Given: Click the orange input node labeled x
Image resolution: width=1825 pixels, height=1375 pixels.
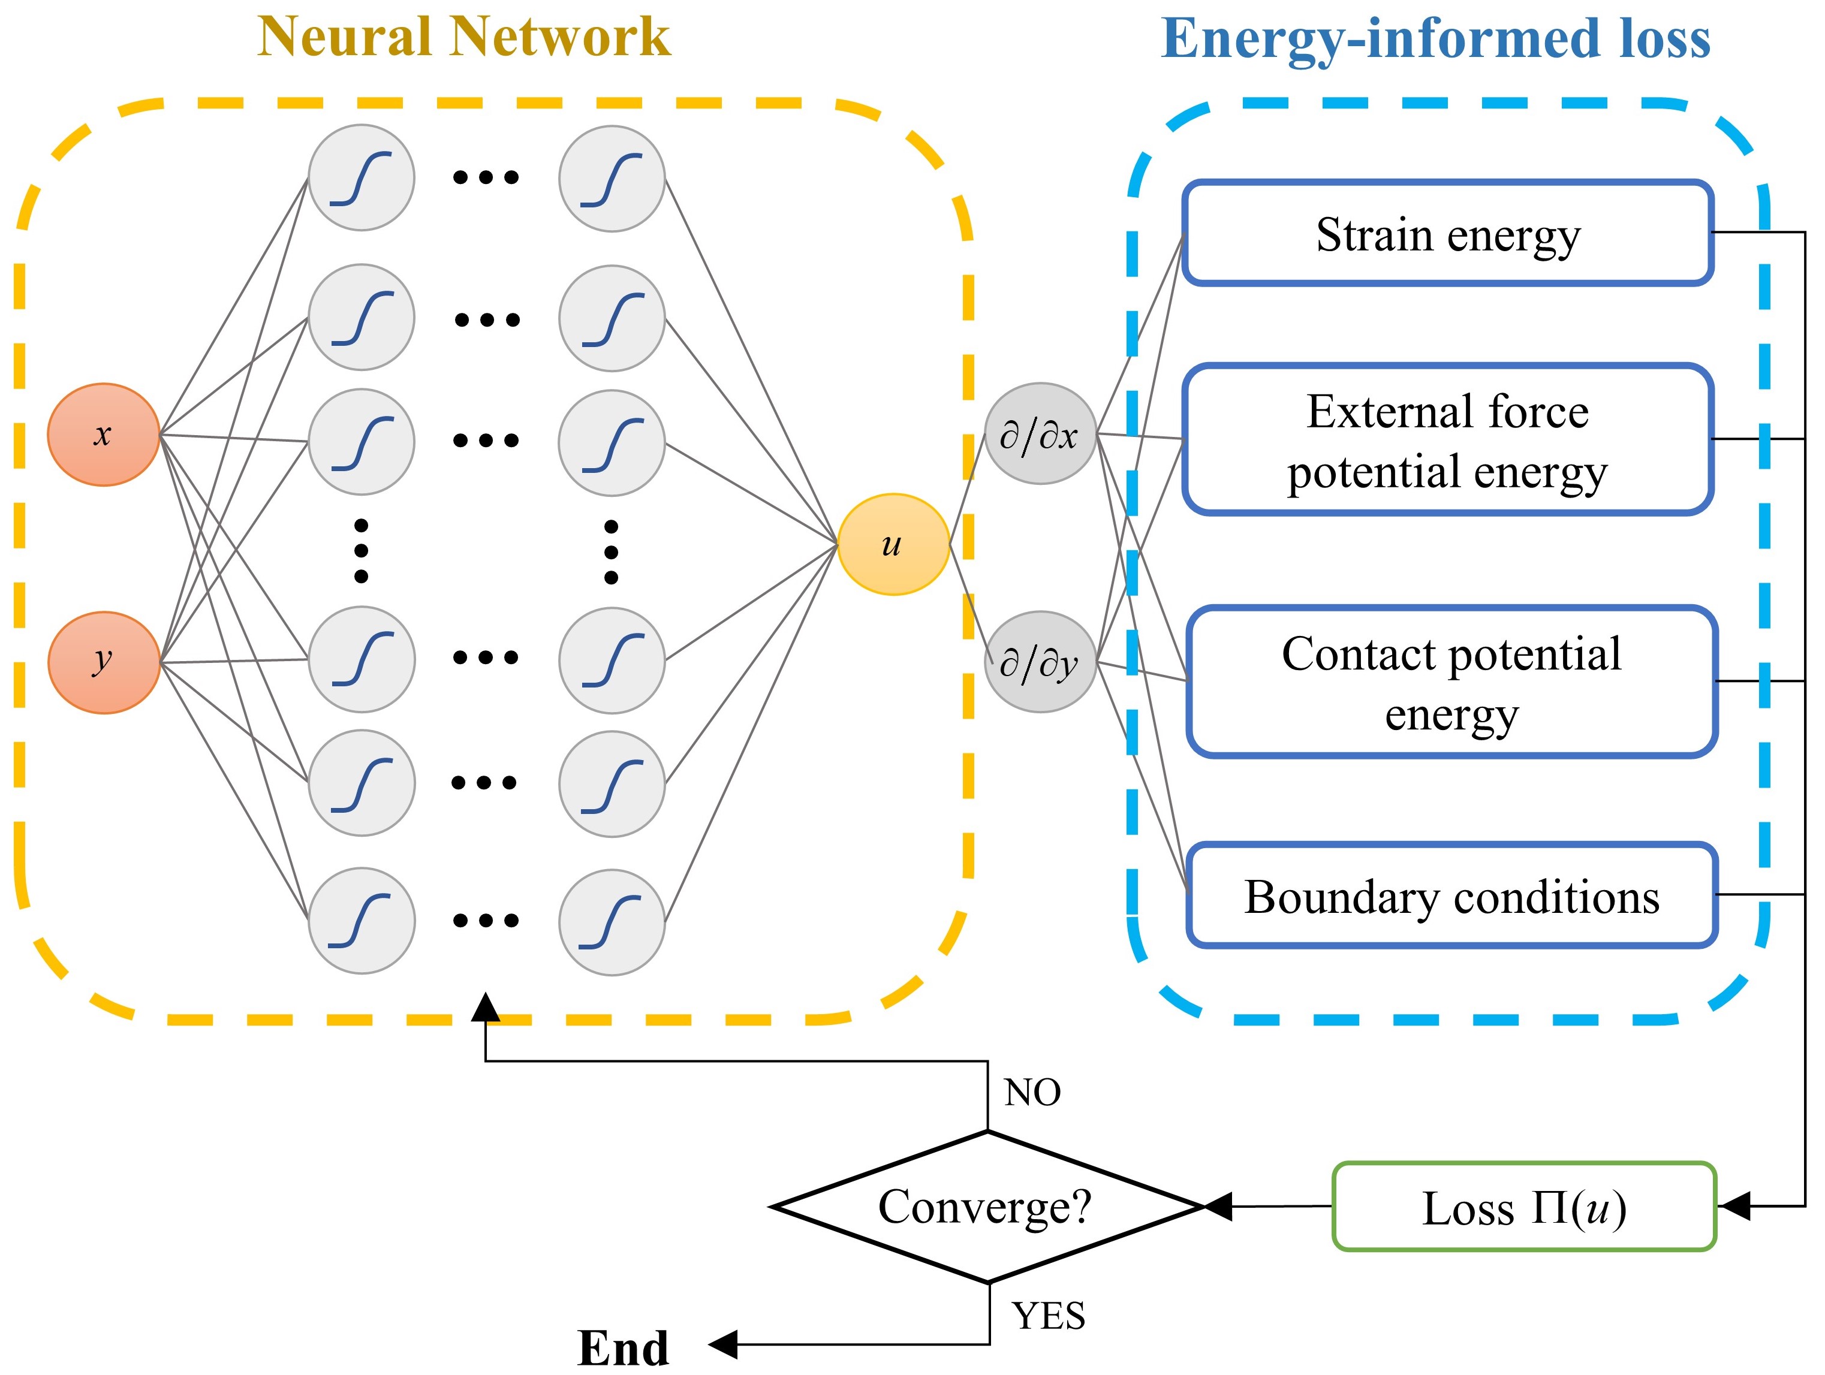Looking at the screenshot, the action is point(103,434).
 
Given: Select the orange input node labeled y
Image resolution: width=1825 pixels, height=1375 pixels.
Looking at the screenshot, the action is point(104,662).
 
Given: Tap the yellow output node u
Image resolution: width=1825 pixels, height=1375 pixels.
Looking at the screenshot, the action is point(893,544).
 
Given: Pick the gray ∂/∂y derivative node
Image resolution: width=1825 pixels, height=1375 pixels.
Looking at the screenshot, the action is point(1040,662).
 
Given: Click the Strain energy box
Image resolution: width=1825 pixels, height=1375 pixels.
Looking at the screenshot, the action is point(1448,233).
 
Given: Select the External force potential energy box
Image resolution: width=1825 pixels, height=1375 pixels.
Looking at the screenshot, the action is point(1448,439).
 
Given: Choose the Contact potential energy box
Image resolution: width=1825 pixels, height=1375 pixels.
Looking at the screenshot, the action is point(1452,682).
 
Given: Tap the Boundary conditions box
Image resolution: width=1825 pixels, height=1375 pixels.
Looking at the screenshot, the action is point(1452,895).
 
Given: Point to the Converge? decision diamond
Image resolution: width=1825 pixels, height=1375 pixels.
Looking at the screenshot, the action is point(987,1207).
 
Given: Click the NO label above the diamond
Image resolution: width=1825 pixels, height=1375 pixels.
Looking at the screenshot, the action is point(1032,1093).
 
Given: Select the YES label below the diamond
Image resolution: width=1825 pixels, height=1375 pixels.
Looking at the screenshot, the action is point(1049,1316).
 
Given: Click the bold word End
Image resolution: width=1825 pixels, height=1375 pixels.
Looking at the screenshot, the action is point(623,1349).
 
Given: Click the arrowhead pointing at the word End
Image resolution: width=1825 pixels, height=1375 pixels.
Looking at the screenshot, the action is point(722,1344).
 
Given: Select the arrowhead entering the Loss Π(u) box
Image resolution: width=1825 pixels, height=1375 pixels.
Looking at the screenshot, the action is point(1734,1207).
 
